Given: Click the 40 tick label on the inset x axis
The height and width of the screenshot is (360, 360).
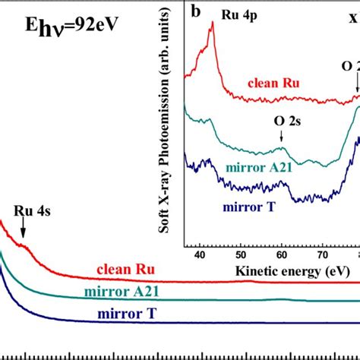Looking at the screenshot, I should tap(200, 257).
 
